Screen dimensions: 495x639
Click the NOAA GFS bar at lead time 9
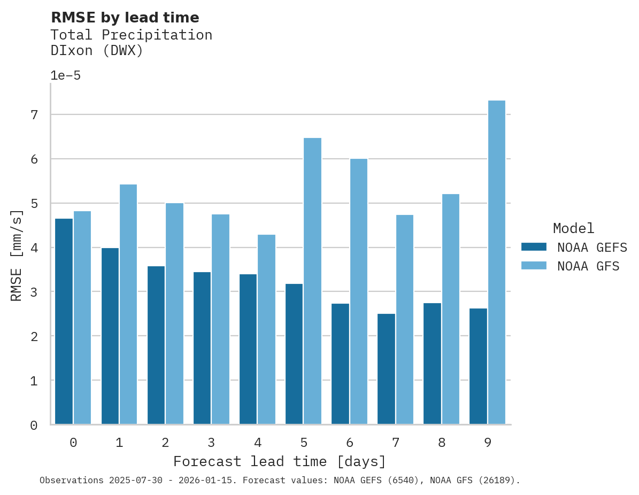coord(496,262)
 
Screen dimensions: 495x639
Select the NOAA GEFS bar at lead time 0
coord(64,321)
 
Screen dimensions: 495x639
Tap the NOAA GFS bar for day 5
coord(312,281)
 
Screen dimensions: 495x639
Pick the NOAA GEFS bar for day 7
coord(386,369)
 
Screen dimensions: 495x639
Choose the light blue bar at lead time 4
coord(266,329)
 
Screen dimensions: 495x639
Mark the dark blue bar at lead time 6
coord(340,364)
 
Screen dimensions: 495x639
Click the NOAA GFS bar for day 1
coord(128,304)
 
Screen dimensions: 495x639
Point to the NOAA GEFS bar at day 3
coord(202,348)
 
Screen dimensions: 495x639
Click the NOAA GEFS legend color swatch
coord(534,247)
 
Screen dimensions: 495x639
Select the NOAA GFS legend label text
coord(588,266)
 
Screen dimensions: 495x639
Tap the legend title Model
coord(573,229)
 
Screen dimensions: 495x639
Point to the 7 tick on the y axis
coord(34,115)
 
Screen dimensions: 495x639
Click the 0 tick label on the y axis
coord(34,426)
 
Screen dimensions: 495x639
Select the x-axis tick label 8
coord(442,443)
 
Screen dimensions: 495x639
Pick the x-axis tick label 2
coord(165,443)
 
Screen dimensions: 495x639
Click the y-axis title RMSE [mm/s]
coord(17,255)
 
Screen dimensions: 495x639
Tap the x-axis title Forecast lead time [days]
coord(279,461)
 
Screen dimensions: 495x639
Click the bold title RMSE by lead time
coord(125,18)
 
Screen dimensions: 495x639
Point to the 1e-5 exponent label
coord(65,75)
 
